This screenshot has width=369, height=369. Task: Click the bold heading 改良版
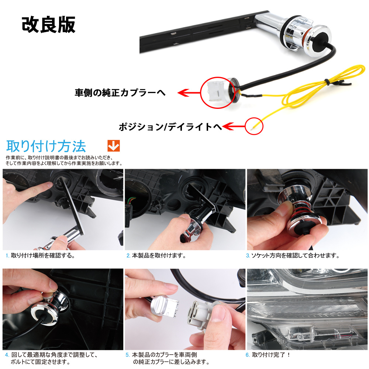pos(48,24)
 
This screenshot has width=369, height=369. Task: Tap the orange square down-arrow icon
pos(113,146)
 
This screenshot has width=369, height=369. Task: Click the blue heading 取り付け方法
pos(46,146)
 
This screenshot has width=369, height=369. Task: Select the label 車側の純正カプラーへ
pos(120,93)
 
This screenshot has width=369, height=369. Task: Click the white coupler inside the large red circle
pos(214,92)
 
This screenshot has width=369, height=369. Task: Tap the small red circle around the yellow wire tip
pos(254,126)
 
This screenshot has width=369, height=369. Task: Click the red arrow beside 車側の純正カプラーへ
pos(189,93)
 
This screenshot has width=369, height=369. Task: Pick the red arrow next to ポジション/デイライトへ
pos(234,127)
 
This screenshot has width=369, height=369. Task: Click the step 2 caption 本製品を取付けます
pos(156,256)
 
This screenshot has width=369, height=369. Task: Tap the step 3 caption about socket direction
pos(293,256)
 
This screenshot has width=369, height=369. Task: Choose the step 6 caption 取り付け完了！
pos(268,355)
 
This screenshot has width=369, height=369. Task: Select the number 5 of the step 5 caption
pos(127,355)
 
